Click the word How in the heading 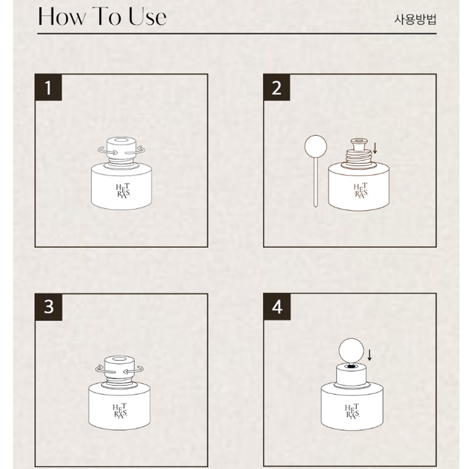click(62, 16)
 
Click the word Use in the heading click(147, 16)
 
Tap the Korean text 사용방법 click(415, 19)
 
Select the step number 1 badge click(48, 88)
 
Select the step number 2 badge click(276, 88)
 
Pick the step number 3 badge click(49, 307)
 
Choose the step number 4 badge click(277, 307)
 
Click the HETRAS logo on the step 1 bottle click(123, 191)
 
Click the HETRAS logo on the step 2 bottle click(361, 191)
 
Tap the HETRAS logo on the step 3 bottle click(120, 411)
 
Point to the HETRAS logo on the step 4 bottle click(353, 411)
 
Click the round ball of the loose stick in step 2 click(316, 146)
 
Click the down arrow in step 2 click(375, 148)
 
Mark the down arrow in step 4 click(369, 355)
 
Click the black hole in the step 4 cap click(351, 366)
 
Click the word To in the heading click(107, 16)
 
